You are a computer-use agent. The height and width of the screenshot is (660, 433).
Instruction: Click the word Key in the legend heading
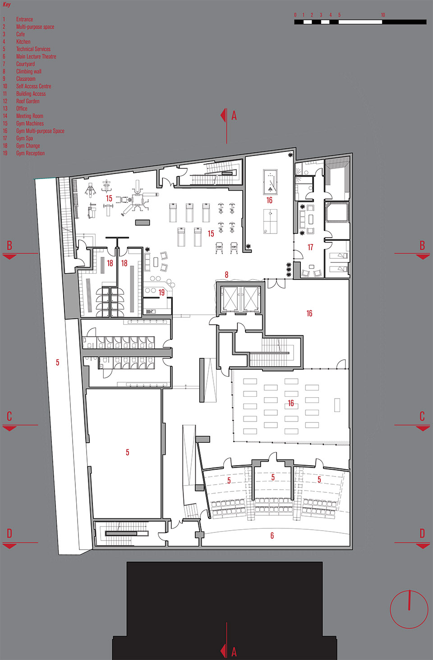6,5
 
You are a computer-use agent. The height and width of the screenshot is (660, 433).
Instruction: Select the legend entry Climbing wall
29,71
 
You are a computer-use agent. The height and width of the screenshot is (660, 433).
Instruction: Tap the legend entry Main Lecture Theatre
36,56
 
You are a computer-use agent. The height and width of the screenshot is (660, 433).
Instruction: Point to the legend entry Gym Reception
30,153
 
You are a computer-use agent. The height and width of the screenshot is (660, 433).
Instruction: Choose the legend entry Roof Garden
28,101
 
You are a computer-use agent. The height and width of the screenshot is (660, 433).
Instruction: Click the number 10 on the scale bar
382,15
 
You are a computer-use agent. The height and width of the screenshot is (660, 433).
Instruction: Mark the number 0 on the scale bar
295,15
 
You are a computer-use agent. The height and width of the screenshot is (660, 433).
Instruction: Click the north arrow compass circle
409,609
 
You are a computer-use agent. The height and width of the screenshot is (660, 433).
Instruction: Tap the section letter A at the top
234,116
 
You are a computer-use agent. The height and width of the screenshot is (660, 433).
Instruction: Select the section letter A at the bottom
234,651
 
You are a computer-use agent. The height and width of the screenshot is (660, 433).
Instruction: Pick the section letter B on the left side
9,246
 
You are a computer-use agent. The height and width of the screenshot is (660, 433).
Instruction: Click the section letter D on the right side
422,534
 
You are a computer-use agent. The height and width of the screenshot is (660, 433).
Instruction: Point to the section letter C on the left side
9,416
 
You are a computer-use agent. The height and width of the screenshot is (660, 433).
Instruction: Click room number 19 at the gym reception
161,293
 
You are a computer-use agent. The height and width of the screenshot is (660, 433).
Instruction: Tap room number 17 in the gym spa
310,247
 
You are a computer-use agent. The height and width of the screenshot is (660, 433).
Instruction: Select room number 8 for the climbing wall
226,275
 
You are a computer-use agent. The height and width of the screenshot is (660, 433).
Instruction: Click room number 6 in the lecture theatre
272,536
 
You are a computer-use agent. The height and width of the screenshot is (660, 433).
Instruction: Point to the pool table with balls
270,182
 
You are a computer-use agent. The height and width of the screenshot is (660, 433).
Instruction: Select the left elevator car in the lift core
230,298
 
